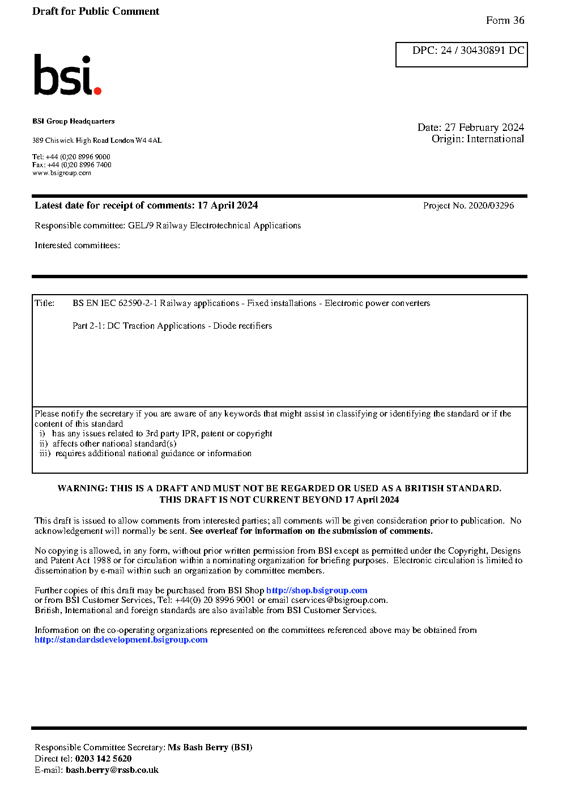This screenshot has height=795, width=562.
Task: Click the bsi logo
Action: [x=67, y=75]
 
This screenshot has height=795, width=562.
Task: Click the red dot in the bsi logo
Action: [x=97, y=90]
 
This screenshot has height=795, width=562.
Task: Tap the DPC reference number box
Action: [x=461, y=54]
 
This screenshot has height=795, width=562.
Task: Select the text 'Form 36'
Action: [x=505, y=20]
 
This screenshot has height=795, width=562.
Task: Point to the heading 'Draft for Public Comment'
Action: [x=96, y=11]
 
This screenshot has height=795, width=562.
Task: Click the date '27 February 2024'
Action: [x=484, y=127]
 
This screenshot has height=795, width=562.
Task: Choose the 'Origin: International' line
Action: [x=478, y=139]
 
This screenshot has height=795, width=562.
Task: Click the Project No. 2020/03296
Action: [x=469, y=206]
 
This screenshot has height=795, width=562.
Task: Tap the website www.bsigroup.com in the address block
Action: [x=62, y=173]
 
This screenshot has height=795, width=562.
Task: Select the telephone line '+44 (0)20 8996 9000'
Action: [x=71, y=157]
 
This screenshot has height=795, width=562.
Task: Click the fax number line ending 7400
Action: [x=72, y=165]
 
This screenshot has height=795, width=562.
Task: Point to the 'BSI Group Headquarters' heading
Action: [x=74, y=121]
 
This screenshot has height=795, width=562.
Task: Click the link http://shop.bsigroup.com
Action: [x=317, y=590]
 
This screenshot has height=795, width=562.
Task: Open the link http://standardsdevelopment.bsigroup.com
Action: [x=121, y=640]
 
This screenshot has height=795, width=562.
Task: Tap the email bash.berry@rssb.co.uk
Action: [x=112, y=770]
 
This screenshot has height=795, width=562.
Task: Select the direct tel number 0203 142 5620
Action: [x=103, y=759]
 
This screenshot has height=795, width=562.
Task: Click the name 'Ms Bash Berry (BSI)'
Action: [x=210, y=747]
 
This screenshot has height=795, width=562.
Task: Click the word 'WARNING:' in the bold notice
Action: [x=82, y=488]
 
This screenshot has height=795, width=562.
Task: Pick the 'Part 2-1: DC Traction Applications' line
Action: [x=172, y=326]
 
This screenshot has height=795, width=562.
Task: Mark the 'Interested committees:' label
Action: [x=77, y=245]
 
